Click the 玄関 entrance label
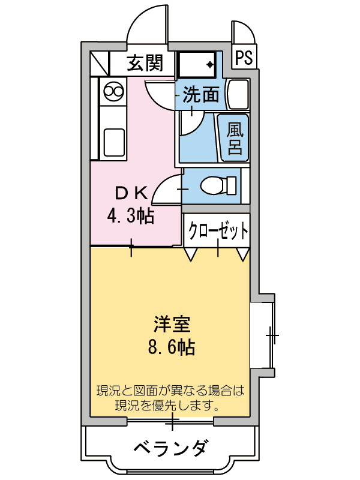point(145,61)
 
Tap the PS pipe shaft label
point(243,58)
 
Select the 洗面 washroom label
point(200,94)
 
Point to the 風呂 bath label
point(234,139)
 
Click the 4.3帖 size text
point(131,215)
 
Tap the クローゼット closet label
point(218,230)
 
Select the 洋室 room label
point(172,325)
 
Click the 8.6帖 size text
point(172,347)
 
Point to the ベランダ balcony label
point(171,448)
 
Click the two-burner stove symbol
point(113,92)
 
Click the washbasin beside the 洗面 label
point(237,93)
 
